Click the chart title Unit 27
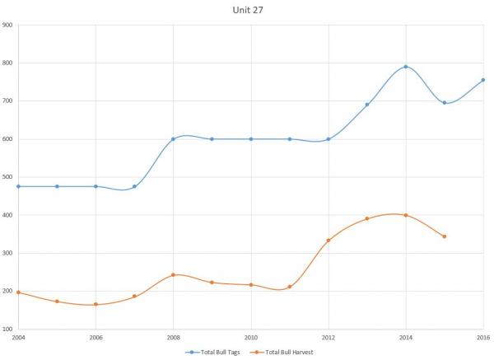pos(246,10)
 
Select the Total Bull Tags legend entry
pos(217,352)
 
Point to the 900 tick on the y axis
pos(7,25)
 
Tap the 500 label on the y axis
pos(7,177)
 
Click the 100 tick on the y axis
pos(7,329)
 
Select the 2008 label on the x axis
pos(173,338)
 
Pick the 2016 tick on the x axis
pos(483,338)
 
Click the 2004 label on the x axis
pos(18,338)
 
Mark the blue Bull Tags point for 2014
pos(406,67)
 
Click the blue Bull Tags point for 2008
pos(173,138)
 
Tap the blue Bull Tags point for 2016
pos(483,80)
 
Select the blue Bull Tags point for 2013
pos(367,105)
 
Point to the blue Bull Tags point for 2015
pos(445,103)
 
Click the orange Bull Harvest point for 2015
pos(445,236)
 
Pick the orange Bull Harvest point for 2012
pos(329,241)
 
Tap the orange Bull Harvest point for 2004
pos(18,292)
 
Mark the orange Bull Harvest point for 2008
pos(173,275)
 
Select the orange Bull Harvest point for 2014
pos(406,215)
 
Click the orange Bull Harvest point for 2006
pos(96,304)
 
